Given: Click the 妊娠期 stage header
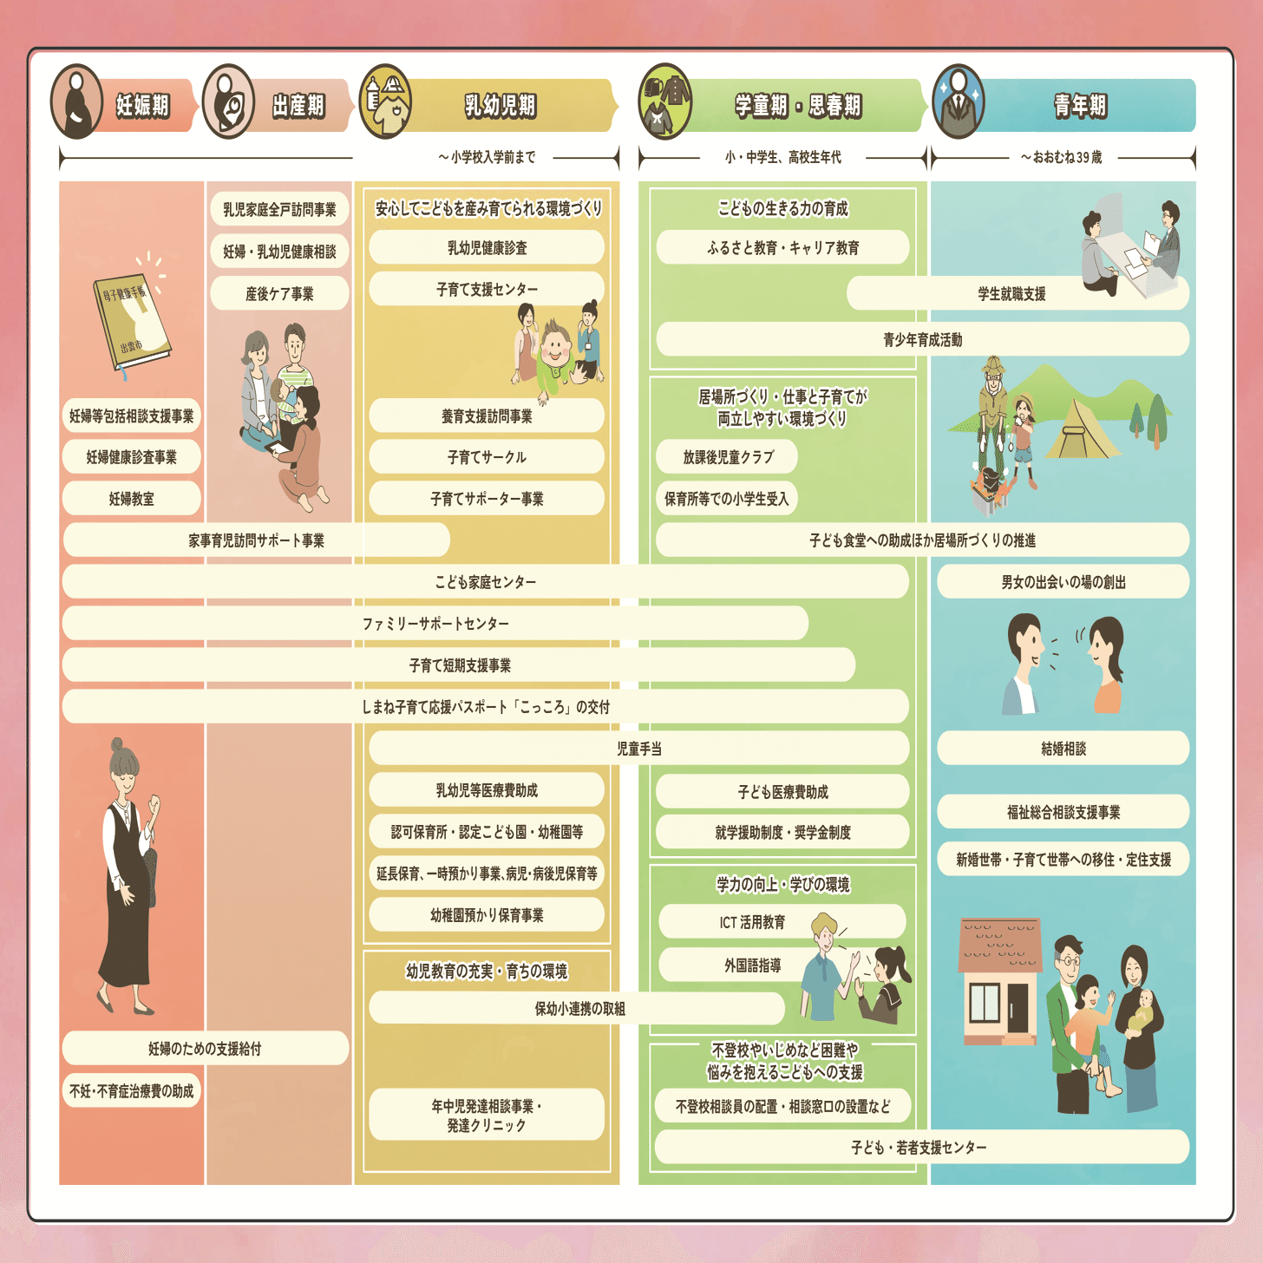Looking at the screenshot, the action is point(143,106).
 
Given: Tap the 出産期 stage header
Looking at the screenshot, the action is point(298,106).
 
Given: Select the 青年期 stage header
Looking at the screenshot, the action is point(1080,106).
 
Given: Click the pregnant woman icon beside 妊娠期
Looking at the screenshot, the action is point(77,102).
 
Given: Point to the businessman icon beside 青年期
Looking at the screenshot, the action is point(959,102).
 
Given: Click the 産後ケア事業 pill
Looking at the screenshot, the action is point(279,294).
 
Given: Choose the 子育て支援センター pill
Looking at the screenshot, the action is point(487,289).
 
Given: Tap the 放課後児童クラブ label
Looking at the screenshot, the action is point(727,457).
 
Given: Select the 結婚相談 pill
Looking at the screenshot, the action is point(1063,749).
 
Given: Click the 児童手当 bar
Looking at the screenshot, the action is point(639,749).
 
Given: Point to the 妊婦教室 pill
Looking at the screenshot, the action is point(132,499).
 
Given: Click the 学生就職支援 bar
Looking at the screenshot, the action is point(1011,294).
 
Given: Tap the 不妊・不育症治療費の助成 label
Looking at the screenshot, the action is point(132,1091).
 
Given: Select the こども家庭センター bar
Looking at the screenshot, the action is point(486,582).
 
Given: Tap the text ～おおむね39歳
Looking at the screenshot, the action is point(1061,157).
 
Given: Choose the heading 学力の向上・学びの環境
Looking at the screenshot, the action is point(782,885).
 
